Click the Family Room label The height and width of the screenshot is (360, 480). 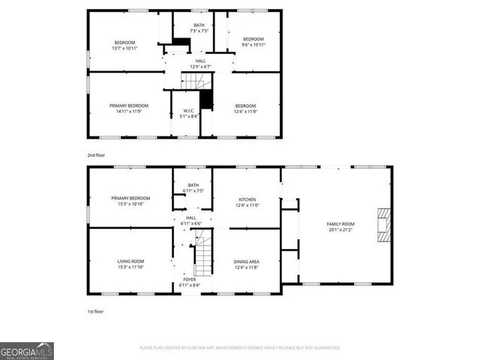pos(340,224)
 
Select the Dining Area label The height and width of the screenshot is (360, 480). pos(247,261)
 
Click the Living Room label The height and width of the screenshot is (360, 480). pos(130,261)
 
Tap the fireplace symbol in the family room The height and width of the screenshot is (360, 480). pos(384,225)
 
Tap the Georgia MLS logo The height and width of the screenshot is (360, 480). pos(27,351)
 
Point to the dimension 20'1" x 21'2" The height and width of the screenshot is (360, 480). pos(340,229)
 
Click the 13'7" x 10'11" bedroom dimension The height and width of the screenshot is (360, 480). pos(124,47)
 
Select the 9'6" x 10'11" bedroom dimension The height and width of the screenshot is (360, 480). pos(253,44)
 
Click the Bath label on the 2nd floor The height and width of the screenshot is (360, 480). pos(198,25)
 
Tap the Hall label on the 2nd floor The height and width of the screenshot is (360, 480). pos(200,61)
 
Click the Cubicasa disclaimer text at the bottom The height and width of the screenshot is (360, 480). pos(240,348)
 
